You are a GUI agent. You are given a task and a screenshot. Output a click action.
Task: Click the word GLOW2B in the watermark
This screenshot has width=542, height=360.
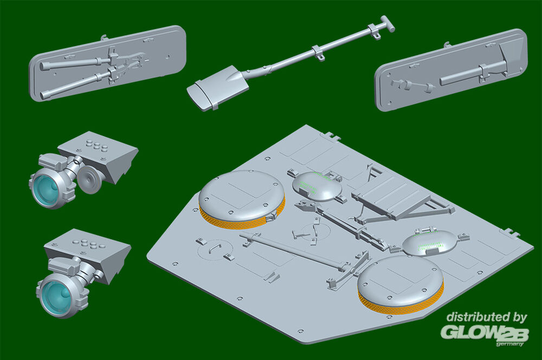click(485, 332)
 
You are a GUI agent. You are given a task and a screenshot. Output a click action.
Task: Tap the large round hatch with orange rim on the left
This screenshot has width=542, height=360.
click(241, 200)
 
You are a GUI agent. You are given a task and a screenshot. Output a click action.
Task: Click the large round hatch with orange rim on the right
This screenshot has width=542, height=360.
click(401, 285)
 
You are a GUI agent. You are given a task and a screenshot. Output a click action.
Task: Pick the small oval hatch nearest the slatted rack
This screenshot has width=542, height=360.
click(317, 187)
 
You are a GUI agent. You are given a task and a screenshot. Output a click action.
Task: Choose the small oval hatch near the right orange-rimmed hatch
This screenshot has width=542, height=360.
click(429, 243)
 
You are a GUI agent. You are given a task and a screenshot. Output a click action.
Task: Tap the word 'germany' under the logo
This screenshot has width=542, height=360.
click(510, 344)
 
